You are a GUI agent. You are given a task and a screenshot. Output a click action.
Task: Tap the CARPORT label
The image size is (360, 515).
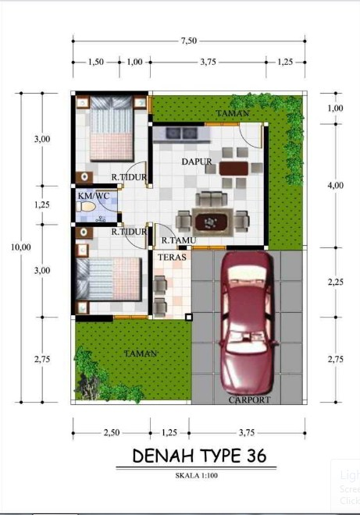249,400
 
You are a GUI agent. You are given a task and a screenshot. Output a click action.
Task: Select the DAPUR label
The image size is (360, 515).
198,162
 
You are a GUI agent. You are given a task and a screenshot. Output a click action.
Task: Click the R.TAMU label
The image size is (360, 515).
177,240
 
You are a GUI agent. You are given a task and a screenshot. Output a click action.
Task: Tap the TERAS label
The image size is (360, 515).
170,257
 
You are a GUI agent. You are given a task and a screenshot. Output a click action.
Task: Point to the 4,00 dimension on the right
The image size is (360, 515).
335,185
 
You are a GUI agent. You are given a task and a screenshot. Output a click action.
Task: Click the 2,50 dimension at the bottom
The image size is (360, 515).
112,432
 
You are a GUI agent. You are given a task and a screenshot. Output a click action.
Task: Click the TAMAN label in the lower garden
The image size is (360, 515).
141,353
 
